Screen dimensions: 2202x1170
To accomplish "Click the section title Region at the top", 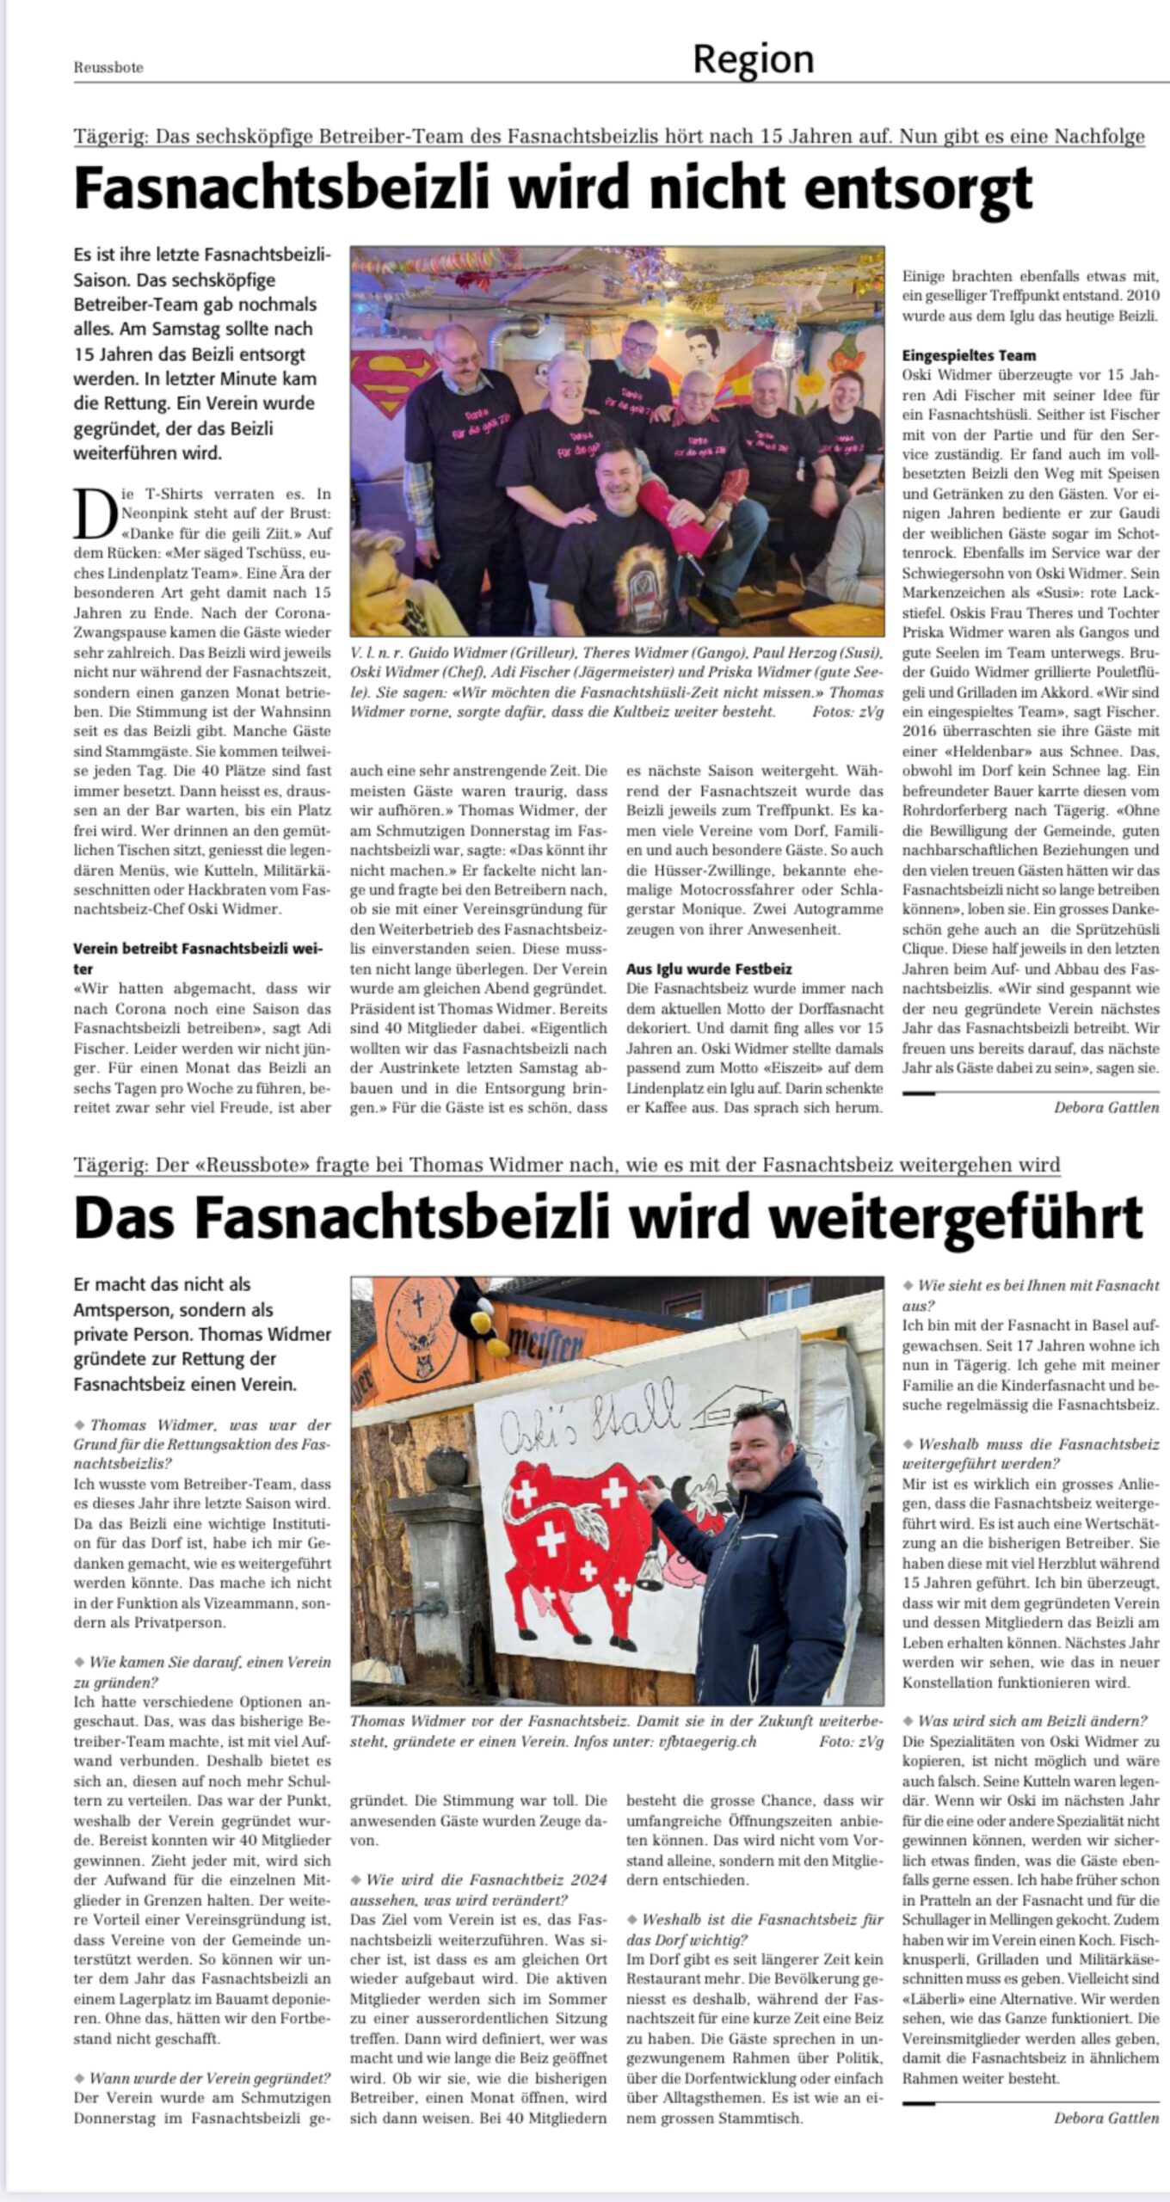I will click(753, 59).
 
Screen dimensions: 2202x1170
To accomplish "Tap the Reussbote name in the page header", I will click(108, 68).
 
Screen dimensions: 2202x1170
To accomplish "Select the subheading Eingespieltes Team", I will click(969, 355).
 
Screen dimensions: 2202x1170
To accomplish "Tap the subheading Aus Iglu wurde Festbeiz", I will click(709, 969).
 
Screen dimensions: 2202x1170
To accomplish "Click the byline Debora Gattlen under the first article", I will click(1106, 1107).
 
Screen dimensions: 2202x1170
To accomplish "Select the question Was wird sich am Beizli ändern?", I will click(1032, 1721).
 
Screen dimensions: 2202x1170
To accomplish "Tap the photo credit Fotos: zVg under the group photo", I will click(847, 712).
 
